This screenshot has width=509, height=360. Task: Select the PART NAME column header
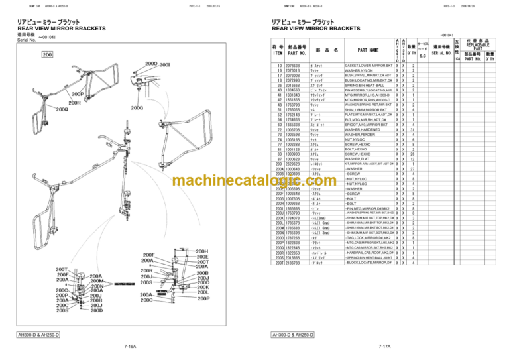click(368, 49)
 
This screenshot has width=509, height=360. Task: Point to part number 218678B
click(292, 263)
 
